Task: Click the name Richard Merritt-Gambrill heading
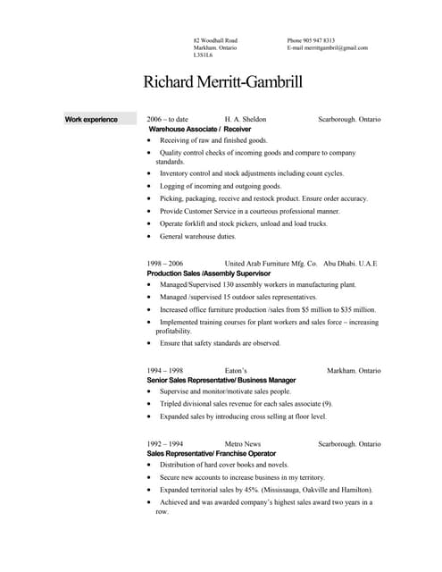point(222,83)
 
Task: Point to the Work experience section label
point(91,119)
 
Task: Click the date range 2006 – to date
point(167,119)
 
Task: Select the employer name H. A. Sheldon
point(245,119)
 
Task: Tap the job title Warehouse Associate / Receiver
point(200,129)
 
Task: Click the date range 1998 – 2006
point(164,264)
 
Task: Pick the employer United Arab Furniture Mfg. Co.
point(271,264)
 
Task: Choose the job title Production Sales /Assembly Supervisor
point(203,273)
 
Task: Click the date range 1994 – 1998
point(164,370)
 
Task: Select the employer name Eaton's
point(236,370)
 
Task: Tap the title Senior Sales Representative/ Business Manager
point(221,380)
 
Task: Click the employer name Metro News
point(242,443)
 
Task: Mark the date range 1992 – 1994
point(164,443)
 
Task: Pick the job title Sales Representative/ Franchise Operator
point(211,453)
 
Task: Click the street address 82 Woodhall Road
point(215,40)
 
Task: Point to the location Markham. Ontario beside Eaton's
point(354,370)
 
